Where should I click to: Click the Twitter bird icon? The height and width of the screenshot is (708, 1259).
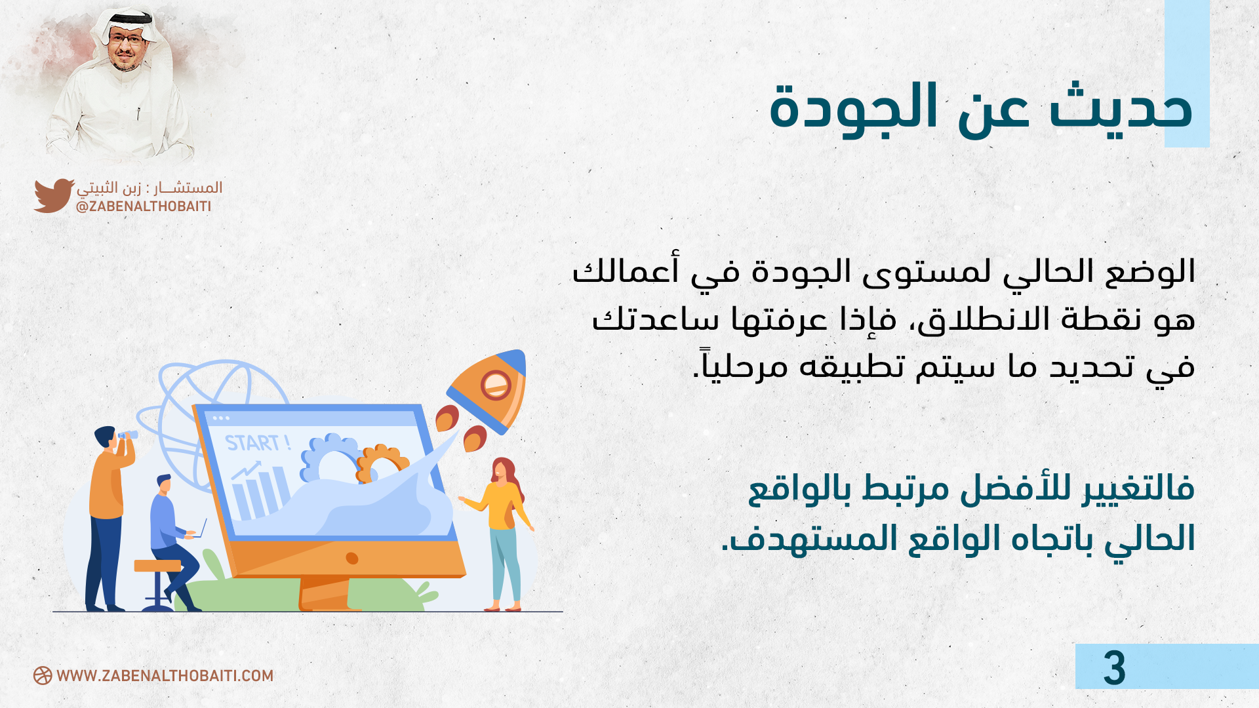click(x=54, y=195)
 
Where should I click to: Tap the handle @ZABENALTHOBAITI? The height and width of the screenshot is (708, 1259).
click(x=144, y=206)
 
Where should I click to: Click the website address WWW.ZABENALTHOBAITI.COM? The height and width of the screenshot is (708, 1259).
click(x=165, y=676)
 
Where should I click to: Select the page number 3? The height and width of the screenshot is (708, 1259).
click(x=1114, y=668)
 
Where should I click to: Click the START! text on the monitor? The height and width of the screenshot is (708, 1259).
click(x=258, y=443)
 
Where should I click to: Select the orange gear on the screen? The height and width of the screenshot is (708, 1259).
click(x=382, y=462)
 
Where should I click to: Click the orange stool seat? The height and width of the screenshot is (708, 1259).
click(x=157, y=566)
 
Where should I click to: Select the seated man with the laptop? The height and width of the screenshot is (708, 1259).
click(x=174, y=541)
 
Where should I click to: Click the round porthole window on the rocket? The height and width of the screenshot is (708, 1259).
click(x=496, y=385)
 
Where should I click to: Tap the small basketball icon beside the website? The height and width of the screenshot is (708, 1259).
click(x=43, y=676)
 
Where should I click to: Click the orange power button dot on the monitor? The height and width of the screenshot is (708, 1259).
click(x=352, y=559)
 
